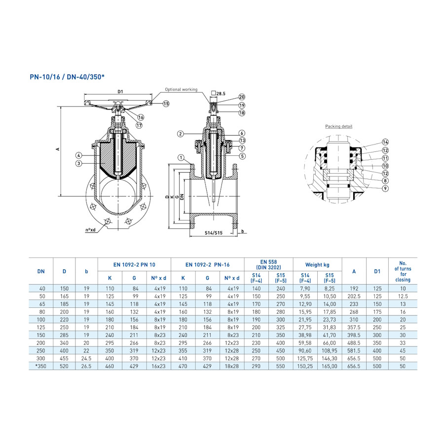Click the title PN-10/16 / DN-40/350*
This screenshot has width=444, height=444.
[x=68, y=77]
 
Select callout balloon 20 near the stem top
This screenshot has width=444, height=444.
[x=242, y=97]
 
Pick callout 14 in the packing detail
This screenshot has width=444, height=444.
[x=385, y=142]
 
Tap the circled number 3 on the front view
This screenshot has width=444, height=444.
[x=78, y=163]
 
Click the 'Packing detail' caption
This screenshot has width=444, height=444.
[x=338, y=127]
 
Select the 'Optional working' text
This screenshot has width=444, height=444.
[x=181, y=90]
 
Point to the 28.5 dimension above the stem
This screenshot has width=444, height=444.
[x=218, y=93]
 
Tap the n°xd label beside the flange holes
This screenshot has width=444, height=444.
[x=90, y=230]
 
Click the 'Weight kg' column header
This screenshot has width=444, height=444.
[x=317, y=265]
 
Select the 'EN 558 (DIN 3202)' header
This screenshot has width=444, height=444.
[x=268, y=264]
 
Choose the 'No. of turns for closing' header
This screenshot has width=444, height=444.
[x=403, y=271]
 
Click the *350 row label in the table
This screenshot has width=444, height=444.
[x=41, y=367]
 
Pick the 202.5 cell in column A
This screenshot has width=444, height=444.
[x=354, y=296]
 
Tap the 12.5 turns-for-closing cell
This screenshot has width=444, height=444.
[x=403, y=296]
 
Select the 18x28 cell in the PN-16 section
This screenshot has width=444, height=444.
[x=232, y=367]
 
